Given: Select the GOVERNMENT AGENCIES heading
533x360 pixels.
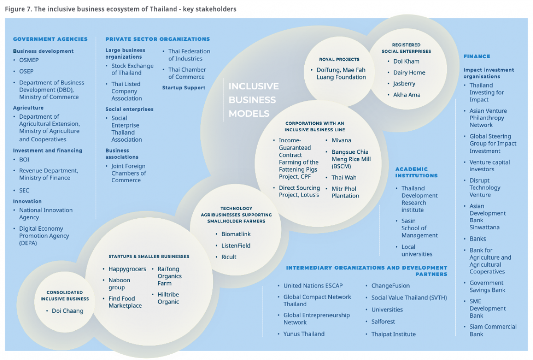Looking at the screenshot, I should [50, 39].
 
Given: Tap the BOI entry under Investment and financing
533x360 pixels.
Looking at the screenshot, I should [24, 160].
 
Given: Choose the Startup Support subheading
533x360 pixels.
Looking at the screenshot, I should [183, 88].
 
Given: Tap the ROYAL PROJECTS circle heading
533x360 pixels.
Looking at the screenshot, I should [339, 59].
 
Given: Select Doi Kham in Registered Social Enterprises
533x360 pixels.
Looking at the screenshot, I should [406, 61].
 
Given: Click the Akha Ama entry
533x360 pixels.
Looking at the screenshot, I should [406, 95].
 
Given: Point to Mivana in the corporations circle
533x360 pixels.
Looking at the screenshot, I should [341, 140].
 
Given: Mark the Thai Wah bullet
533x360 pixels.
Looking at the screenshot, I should [344, 178].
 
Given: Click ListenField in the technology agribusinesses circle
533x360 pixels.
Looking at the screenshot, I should [236, 246].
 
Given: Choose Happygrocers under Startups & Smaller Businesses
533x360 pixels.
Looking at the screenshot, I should [127, 269].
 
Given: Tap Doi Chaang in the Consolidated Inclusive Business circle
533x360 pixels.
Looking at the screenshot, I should [67, 311].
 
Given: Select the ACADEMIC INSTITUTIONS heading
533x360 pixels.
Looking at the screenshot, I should [416, 172].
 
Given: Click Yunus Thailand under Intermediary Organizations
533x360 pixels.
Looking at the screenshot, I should [304, 334].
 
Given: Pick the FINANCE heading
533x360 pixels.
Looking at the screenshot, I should [477, 56].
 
